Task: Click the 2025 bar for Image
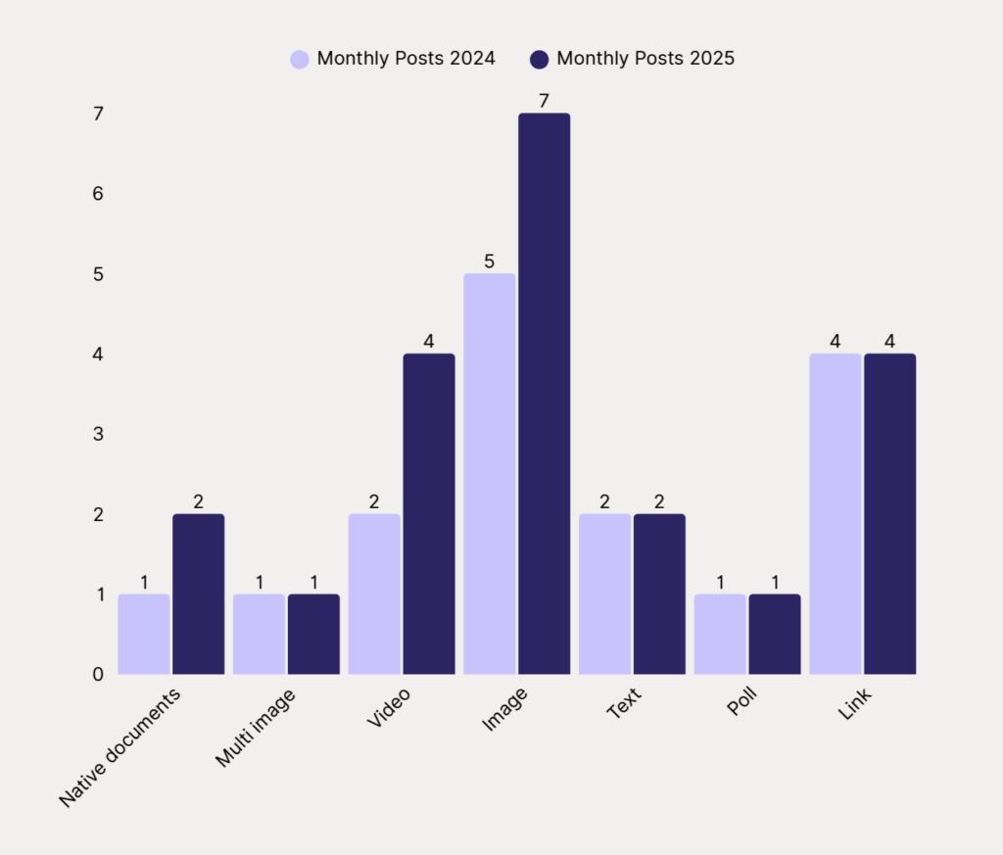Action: coord(544,394)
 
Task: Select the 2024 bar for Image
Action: coord(489,474)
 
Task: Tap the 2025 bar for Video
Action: coord(429,514)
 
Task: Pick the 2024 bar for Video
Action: coord(374,594)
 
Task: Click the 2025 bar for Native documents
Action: coord(198,594)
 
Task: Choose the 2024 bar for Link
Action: coord(836,514)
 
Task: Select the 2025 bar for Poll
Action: coord(775,635)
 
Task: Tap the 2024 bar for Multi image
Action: coord(259,635)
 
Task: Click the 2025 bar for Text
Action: coord(659,594)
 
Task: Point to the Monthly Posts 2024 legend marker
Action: coord(300,59)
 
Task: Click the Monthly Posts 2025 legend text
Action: coord(645,59)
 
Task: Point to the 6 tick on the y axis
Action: coord(98,194)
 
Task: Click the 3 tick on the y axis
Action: coord(98,434)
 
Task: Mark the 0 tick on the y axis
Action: coord(98,675)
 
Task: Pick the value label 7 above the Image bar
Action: coord(545,101)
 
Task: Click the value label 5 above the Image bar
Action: coord(489,261)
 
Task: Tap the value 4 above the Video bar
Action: coord(429,342)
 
